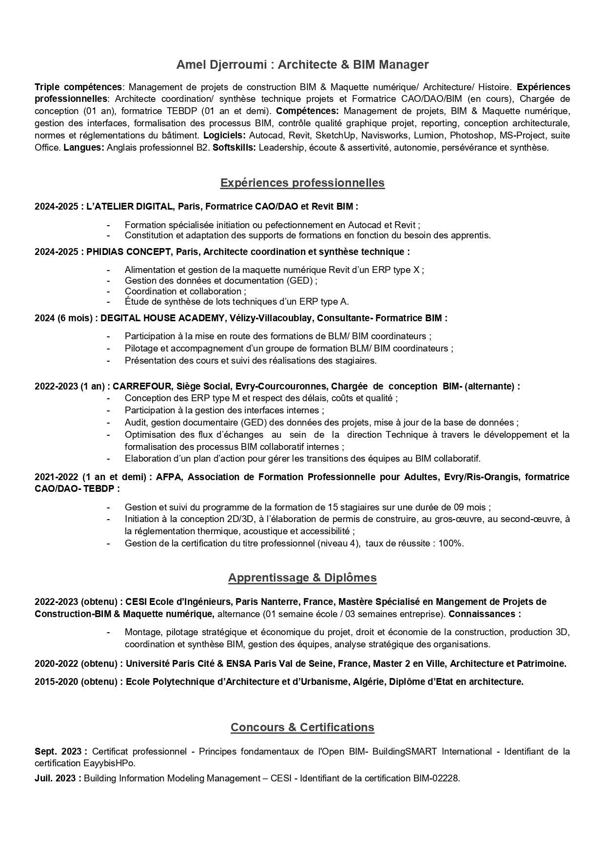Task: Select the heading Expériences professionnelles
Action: click(302, 183)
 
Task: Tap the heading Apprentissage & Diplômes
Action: click(302, 578)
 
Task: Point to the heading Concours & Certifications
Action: click(302, 727)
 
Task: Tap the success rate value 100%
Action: click(450, 544)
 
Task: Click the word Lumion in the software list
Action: click(429, 136)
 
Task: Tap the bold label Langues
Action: click(83, 148)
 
